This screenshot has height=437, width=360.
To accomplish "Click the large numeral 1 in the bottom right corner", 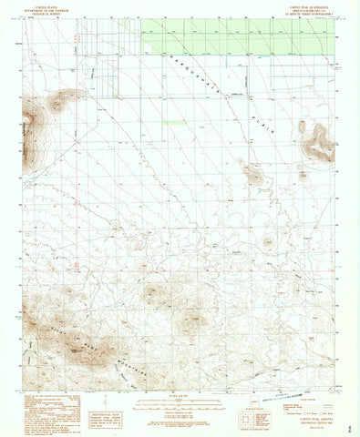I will point(350,426).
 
